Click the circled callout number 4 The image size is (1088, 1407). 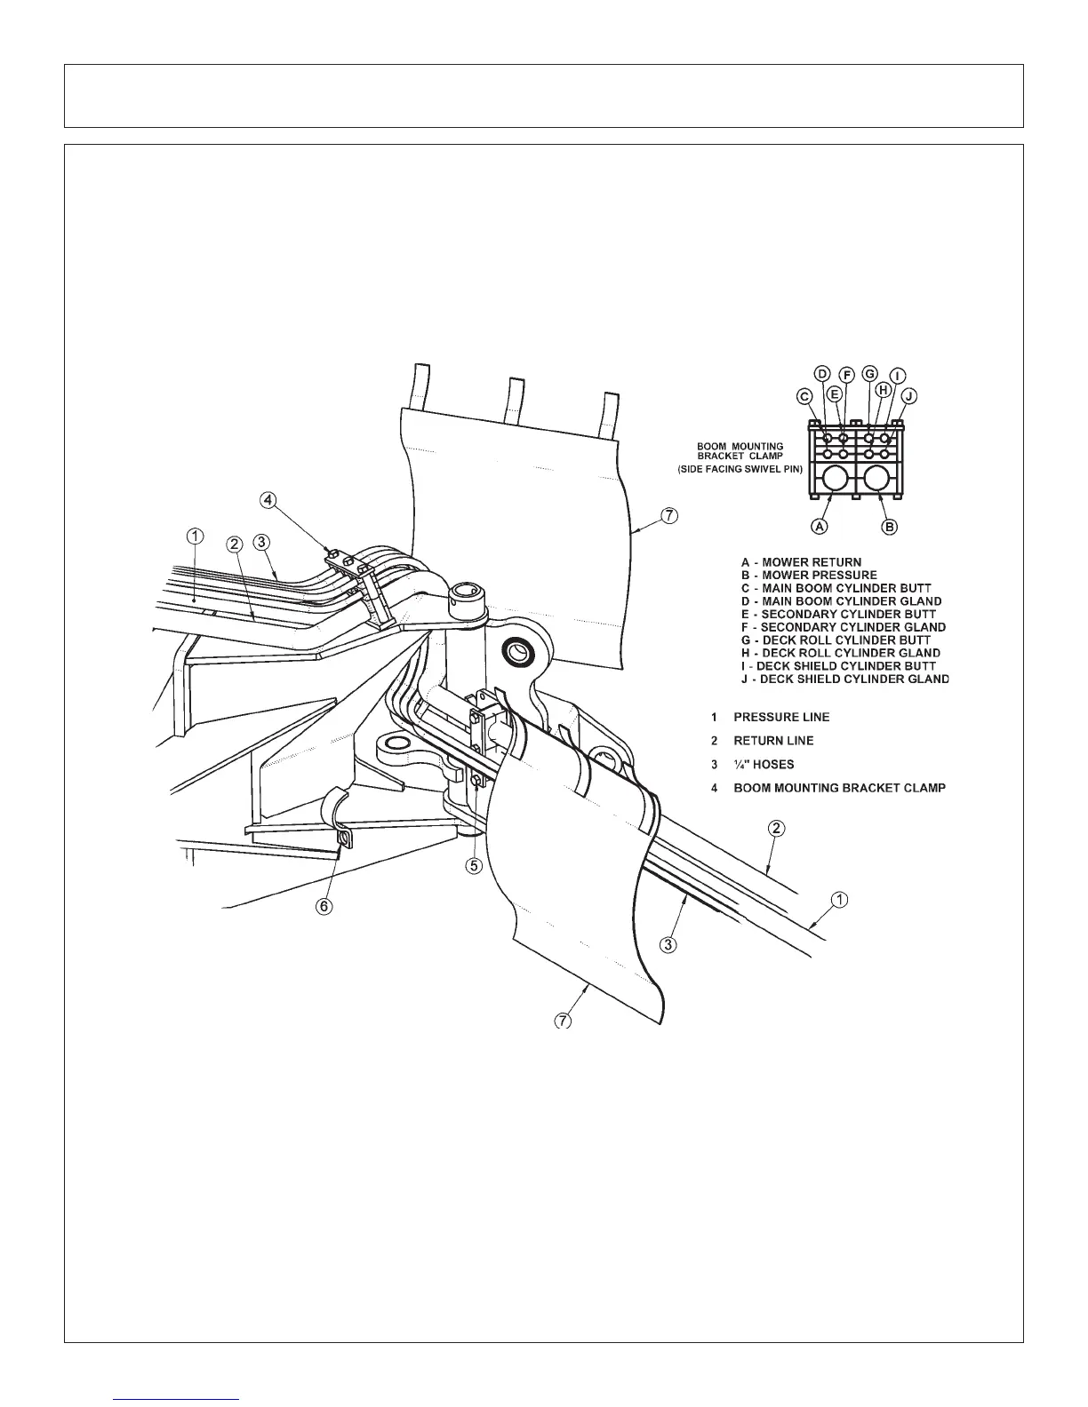click(x=266, y=500)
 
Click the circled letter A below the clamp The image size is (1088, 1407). click(x=820, y=526)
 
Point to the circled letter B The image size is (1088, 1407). click(x=890, y=526)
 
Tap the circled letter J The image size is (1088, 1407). click(x=909, y=395)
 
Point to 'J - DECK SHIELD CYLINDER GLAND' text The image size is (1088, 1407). click(x=845, y=680)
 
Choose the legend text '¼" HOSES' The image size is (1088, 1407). click(x=764, y=764)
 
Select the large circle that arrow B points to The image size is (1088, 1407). click(x=876, y=480)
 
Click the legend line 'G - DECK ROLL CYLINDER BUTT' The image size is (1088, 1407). click(x=836, y=640)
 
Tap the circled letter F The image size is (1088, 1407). click(x=847, y=374)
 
